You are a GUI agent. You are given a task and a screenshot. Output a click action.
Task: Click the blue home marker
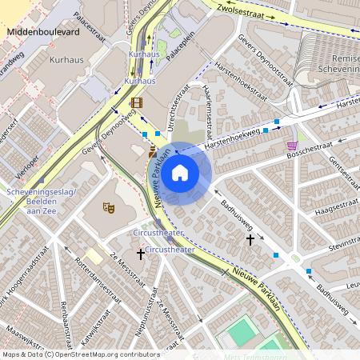(180, 172)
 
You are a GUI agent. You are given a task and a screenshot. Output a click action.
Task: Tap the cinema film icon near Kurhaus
(136, 102)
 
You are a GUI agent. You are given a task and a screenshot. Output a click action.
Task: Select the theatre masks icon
(109, 207)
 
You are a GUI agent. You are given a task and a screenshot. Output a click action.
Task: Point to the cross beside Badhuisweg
(250, 238)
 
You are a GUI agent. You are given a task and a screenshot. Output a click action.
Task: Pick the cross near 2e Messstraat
(141, 254)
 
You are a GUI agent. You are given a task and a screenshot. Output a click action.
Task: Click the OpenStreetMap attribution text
(80, 354)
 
